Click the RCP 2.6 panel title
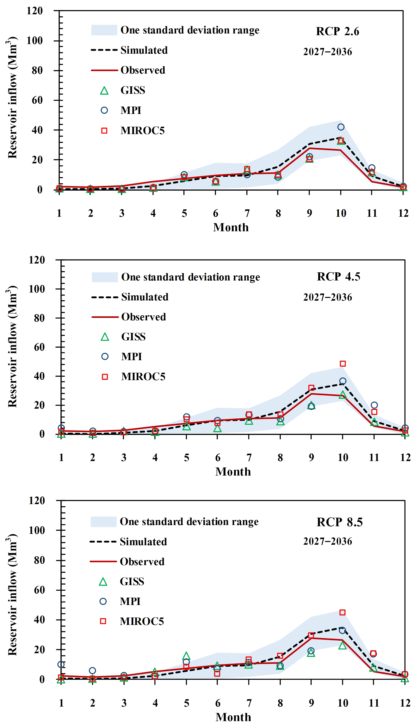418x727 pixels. pos(337,31)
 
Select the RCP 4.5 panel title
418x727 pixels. pos(339,277)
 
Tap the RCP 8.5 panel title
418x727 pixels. pos(340,522)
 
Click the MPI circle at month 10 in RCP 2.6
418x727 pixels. pos(341,127)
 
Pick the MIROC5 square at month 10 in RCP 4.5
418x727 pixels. pos(343,364)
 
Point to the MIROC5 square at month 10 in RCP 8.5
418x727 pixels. pos(342,612)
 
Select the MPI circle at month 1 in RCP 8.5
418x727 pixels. pos(61,664)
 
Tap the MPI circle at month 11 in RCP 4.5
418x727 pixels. pos(374,405)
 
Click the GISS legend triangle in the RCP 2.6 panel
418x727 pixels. pos(104,91)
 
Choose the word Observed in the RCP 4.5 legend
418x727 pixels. pos(144,317)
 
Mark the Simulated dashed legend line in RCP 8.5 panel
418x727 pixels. pos(103,542)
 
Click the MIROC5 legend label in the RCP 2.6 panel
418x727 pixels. pos(142,131)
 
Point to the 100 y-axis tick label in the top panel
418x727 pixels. pos(34,41)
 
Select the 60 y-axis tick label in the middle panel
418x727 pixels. pos(39,347)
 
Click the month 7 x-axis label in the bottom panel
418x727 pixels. pos(249,703)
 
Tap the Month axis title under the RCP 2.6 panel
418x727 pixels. pos(231,228)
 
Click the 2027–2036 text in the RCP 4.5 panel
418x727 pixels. pos(328,297)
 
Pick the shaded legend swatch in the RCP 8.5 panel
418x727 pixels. pos(104,522)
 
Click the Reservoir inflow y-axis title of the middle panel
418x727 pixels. pos(12,346)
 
